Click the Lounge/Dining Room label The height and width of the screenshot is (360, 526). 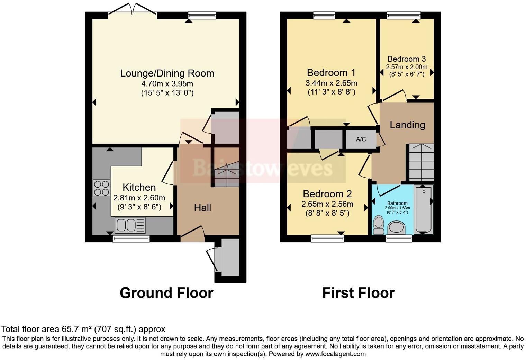pos(167,73)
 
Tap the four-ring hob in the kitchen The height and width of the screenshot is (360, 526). pos(101,188)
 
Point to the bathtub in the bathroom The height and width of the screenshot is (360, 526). pos(423,209)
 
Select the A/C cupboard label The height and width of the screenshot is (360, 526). pos(361,139)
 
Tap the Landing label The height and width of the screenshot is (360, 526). pos(407,125)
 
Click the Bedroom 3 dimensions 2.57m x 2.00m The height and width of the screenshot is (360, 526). pos(407,67)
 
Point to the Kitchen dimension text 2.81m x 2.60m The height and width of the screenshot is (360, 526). pos(139,198)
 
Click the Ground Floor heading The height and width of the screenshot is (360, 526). pos(166,293)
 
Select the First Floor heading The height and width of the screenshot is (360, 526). pos(358,293)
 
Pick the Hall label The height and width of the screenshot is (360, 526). pos(202,208)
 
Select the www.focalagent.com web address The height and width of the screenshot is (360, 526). pos(335,354)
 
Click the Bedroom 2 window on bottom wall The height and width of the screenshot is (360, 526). pos(327,238)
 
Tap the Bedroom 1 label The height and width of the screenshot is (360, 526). pos(331,73)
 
